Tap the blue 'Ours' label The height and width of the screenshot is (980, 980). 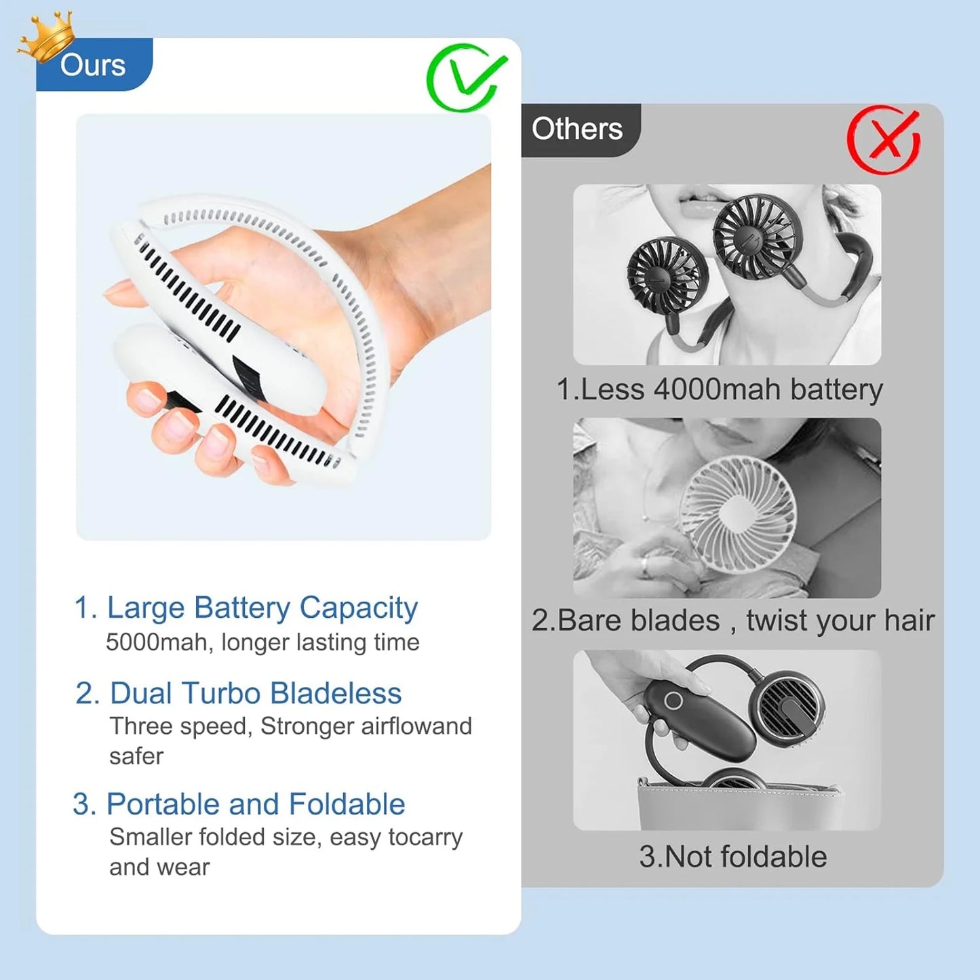pos(93,66)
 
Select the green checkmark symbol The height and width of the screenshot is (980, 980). pos(466,77)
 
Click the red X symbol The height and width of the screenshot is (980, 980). pos(884,140)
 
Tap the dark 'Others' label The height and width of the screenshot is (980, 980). pos(577,129)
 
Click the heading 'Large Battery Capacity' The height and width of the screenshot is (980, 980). pos(262,608)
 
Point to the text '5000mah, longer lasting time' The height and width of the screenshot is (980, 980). pos(262,642)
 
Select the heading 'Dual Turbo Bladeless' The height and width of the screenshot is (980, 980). pos(255,693)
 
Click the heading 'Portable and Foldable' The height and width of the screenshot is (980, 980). pos(255,804)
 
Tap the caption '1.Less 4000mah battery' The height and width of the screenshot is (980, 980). pos(720,390)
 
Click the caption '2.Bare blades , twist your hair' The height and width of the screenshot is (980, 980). pos(732,621)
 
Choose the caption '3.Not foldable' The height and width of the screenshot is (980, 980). pos(732,857)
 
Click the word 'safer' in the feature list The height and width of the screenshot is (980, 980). pos(136,756)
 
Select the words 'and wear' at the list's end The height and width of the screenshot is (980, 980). pos(159,867)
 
